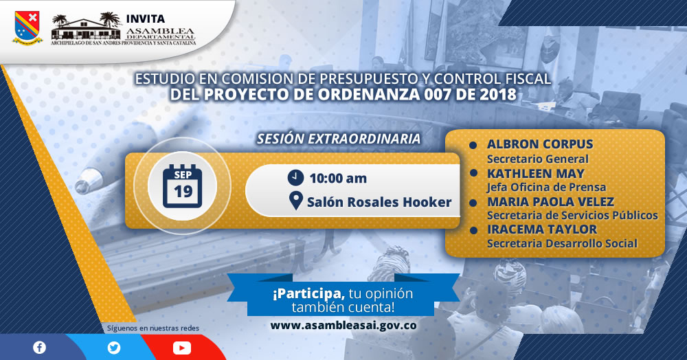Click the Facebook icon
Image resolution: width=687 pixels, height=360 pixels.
tap(39, 348)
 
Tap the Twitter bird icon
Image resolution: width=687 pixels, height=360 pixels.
tap(114, 348)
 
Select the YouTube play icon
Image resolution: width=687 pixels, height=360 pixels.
tap(182, 348)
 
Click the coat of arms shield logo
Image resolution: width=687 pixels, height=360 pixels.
tap(27, 27)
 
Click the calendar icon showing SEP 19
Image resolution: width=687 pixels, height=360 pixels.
tap(182, 185)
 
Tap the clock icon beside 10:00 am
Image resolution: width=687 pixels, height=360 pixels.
tap(295, 177)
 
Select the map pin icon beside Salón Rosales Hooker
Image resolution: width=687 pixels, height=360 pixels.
tap(296, 201)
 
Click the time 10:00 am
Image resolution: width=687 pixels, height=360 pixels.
tap(338, 178)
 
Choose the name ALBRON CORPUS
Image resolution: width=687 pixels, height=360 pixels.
tap(540, 144)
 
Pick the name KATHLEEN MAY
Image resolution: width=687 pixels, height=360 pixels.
tap(535, 173)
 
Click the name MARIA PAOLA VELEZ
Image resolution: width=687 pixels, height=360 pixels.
tap(550, 201)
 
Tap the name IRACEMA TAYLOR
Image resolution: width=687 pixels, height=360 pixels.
tap(542, 229)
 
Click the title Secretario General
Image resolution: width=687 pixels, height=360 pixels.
tap(538, 159)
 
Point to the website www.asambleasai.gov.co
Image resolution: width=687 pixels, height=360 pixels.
tap(343, 326)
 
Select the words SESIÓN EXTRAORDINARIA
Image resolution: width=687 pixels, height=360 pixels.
tap(339, 139)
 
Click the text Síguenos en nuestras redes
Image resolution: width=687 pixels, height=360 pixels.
tap(153, 328)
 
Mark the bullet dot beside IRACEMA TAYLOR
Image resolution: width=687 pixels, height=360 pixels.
tap(473, 230)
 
